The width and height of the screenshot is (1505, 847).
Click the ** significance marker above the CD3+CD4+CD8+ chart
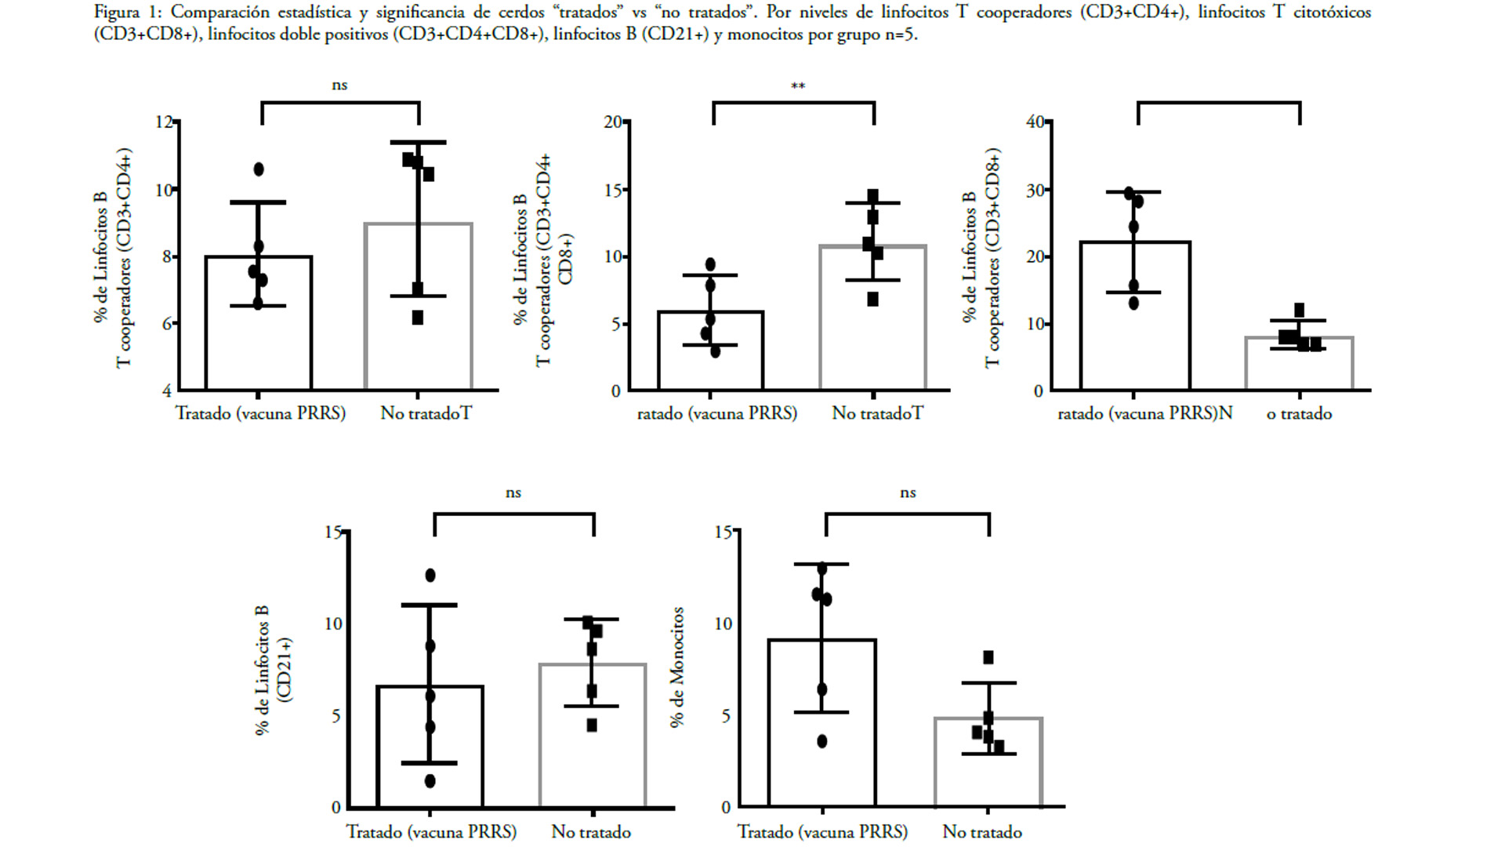[x=798, y=86]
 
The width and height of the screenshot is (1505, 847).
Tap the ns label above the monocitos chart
[x=908, y=493]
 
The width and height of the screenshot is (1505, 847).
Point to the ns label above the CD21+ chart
[x=513, y=493]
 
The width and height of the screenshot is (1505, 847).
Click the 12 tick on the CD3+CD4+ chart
[x=164, y=122]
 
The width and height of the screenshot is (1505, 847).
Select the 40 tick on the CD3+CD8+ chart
[x=1035, y=122]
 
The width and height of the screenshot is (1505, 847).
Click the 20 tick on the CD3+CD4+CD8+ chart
[x=613, y=122]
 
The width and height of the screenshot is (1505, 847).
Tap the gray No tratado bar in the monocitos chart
[x=988, y=762]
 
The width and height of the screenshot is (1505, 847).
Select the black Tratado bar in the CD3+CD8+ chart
[x=1135, y=315]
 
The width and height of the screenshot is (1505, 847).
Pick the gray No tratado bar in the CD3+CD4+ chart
[x=419, y=306]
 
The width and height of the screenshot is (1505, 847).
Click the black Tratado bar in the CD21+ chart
[x=430, y=747]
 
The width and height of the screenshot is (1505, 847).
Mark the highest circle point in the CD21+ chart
[x=430, y=576]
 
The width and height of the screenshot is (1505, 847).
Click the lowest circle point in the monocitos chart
[x=822, y=741]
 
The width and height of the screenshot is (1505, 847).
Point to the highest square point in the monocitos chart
[x=988, y=657]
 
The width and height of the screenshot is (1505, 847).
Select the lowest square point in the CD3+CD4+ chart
[x=418, y=318]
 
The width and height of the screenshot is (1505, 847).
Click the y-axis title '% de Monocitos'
[x=677, y=667]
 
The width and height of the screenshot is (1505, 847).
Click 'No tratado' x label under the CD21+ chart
[x=591, y=832]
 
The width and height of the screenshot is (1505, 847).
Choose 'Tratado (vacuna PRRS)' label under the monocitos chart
[x=822, y=832]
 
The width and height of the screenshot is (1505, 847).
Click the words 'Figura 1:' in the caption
[x=127, y=13]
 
